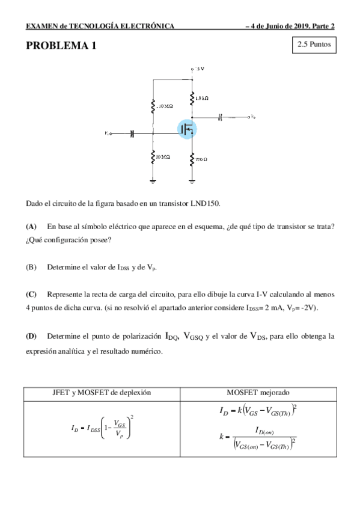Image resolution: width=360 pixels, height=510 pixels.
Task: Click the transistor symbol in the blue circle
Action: tap(187, 129)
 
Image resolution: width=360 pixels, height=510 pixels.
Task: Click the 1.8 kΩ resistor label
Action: tap(202, 97)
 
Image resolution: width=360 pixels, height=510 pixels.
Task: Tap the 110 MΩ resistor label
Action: tap(164, 106)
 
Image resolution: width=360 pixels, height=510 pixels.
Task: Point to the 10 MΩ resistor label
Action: tap(162, 157)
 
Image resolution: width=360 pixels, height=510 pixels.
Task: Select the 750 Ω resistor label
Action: tap(201, 159)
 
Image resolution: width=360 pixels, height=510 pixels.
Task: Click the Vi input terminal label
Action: tap(107, 134)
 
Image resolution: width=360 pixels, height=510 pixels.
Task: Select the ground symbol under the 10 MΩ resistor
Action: tap(153, 180)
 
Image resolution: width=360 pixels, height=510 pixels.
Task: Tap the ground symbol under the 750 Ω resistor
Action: tap(192, 180)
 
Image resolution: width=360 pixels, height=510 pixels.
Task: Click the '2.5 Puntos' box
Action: tap(313, 45)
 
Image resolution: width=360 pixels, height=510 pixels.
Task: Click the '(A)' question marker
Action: tap(31, 226)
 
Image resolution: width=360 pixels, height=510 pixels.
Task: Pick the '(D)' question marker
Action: tap(31, 336)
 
